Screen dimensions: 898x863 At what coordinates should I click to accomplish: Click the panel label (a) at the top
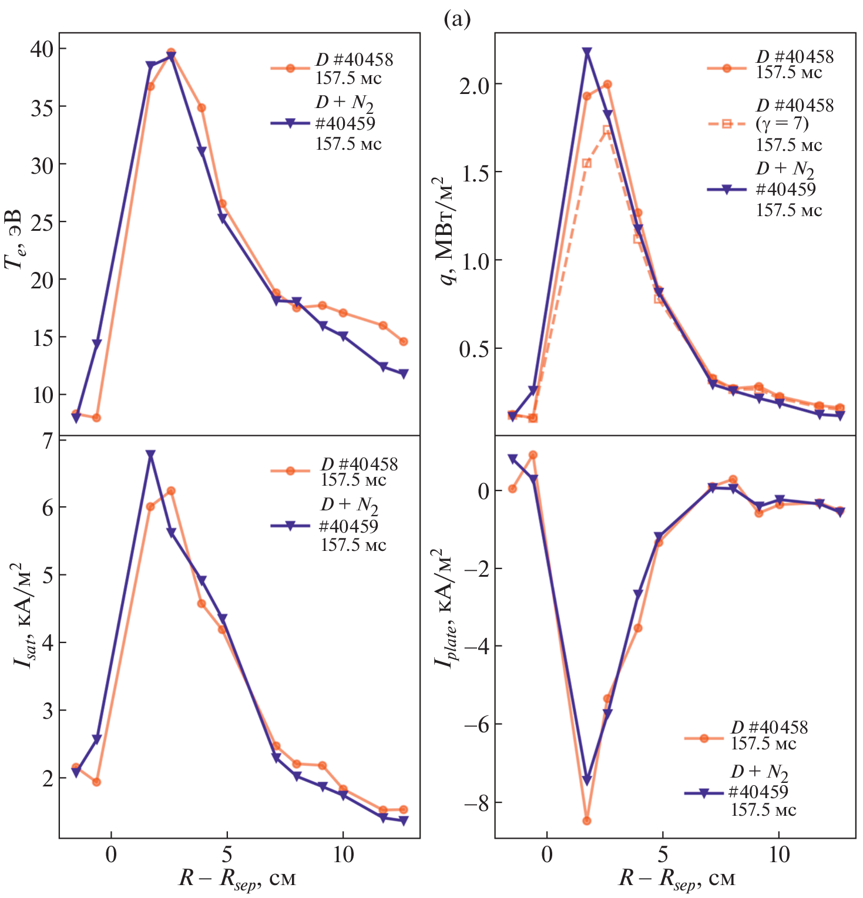458,19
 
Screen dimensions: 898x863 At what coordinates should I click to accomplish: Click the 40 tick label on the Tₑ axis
41,49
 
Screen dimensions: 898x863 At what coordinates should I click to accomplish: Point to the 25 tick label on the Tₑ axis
41,222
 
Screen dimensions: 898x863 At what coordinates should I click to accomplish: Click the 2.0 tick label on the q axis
474,85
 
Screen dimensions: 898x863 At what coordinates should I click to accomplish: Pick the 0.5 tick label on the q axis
474,349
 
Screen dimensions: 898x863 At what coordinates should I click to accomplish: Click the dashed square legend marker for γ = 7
726,123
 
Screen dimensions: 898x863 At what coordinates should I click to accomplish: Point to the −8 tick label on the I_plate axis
476,802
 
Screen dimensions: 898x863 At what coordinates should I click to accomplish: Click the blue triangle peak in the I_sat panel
150,455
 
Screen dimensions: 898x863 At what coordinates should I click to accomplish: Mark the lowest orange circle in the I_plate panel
586,820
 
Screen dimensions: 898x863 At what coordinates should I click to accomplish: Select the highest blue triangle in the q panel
586,52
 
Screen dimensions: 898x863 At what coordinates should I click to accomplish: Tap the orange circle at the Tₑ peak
171,52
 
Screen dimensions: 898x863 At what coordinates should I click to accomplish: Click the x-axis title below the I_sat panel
237,879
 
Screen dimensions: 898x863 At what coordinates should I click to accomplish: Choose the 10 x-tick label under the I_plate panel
779,855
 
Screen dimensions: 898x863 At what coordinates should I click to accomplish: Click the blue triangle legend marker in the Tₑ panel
290,123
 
